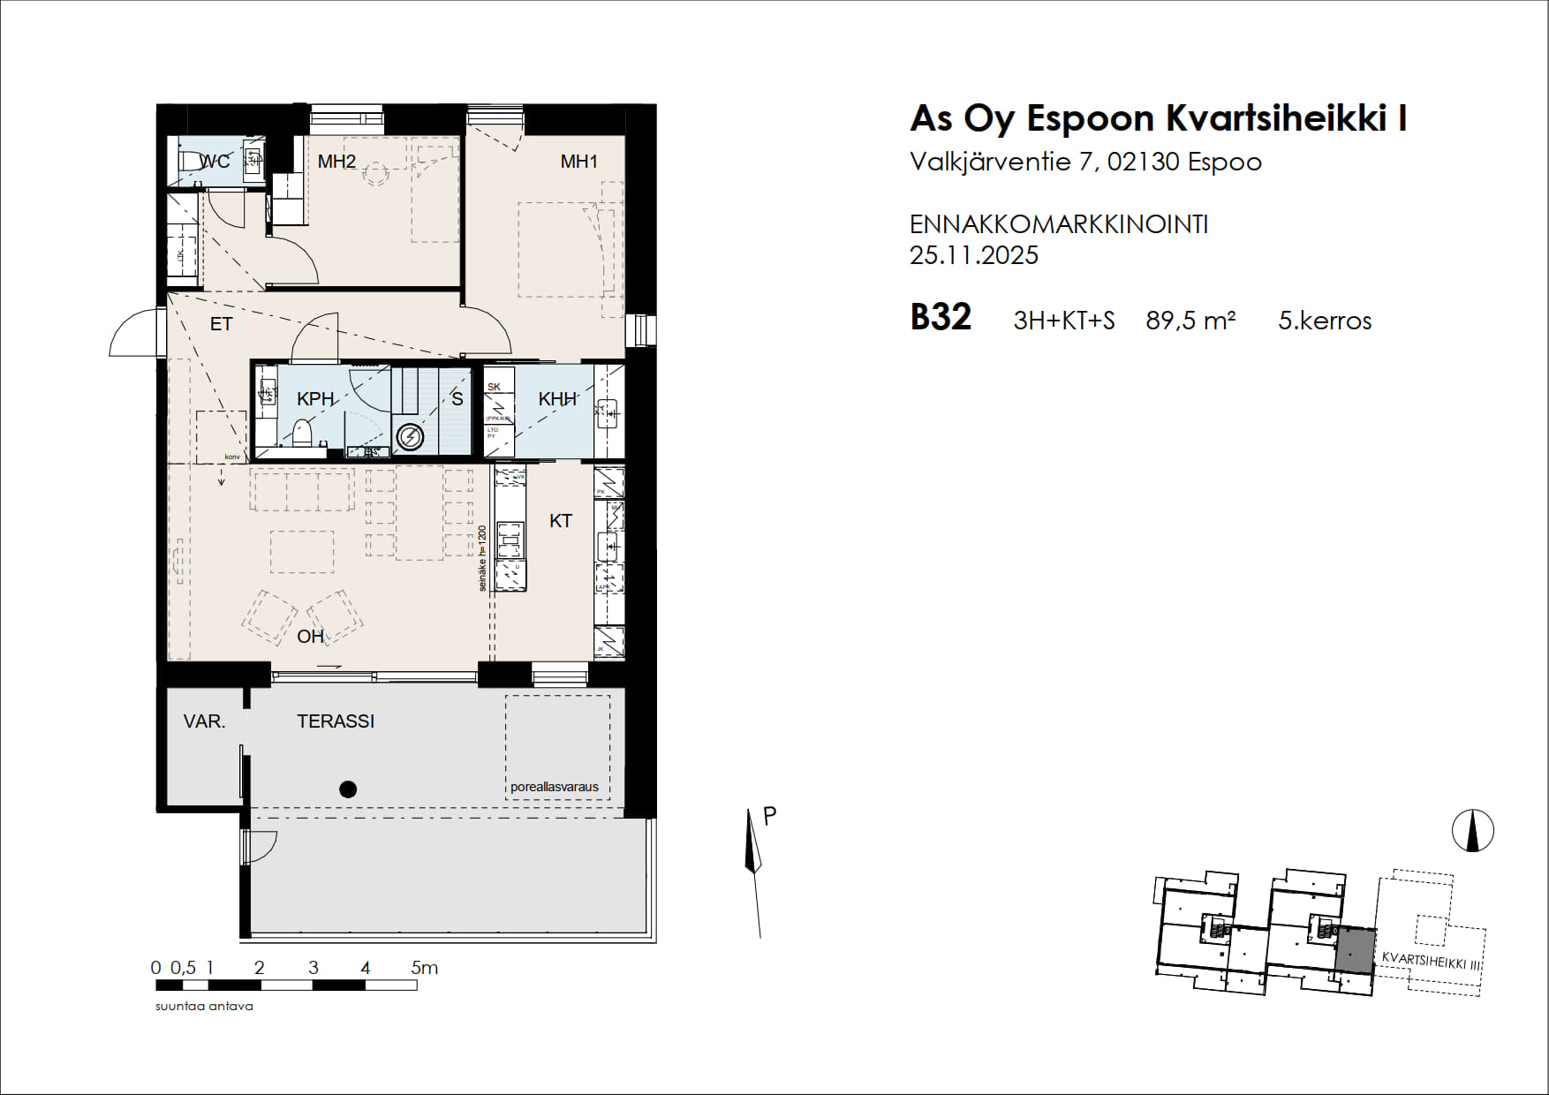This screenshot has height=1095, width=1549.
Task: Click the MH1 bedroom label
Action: (x=579, y=162)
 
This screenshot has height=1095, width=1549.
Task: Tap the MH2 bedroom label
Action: (x=336, y=162)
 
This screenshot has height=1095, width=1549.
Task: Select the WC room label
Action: (x=215, y=162)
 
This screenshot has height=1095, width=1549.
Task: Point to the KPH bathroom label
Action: (x=315, y=399)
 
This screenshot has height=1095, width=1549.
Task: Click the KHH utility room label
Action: (x=557, y=399)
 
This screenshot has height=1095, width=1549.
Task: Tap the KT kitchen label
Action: (x=561, y=521)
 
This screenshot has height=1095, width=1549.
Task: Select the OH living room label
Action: (x=310, y=637)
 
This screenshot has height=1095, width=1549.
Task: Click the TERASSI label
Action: (x=336, y=721)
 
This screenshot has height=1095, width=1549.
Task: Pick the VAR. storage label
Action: (x=204, y=721)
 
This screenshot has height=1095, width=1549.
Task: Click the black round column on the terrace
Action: (x=348, y=789)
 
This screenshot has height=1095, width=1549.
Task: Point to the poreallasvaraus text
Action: (x=555, y=787)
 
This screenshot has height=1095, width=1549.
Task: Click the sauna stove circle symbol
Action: (x=411, y=436)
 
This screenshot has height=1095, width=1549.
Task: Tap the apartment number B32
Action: (x=941, y=318)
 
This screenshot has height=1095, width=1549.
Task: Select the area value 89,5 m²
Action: (x=1190, y=321)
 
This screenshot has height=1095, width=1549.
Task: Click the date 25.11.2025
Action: (x=974, y=255)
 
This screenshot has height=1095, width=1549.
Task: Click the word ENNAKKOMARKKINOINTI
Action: (x=1059, y=224)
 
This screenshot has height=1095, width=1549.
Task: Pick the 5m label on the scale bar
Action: (x=425, y=968)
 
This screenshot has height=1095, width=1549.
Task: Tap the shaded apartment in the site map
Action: (x=1354, y=950)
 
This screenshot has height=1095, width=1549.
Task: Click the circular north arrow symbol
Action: (x=1473, y=831)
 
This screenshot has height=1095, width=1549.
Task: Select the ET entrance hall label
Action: (x=221, y=324)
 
